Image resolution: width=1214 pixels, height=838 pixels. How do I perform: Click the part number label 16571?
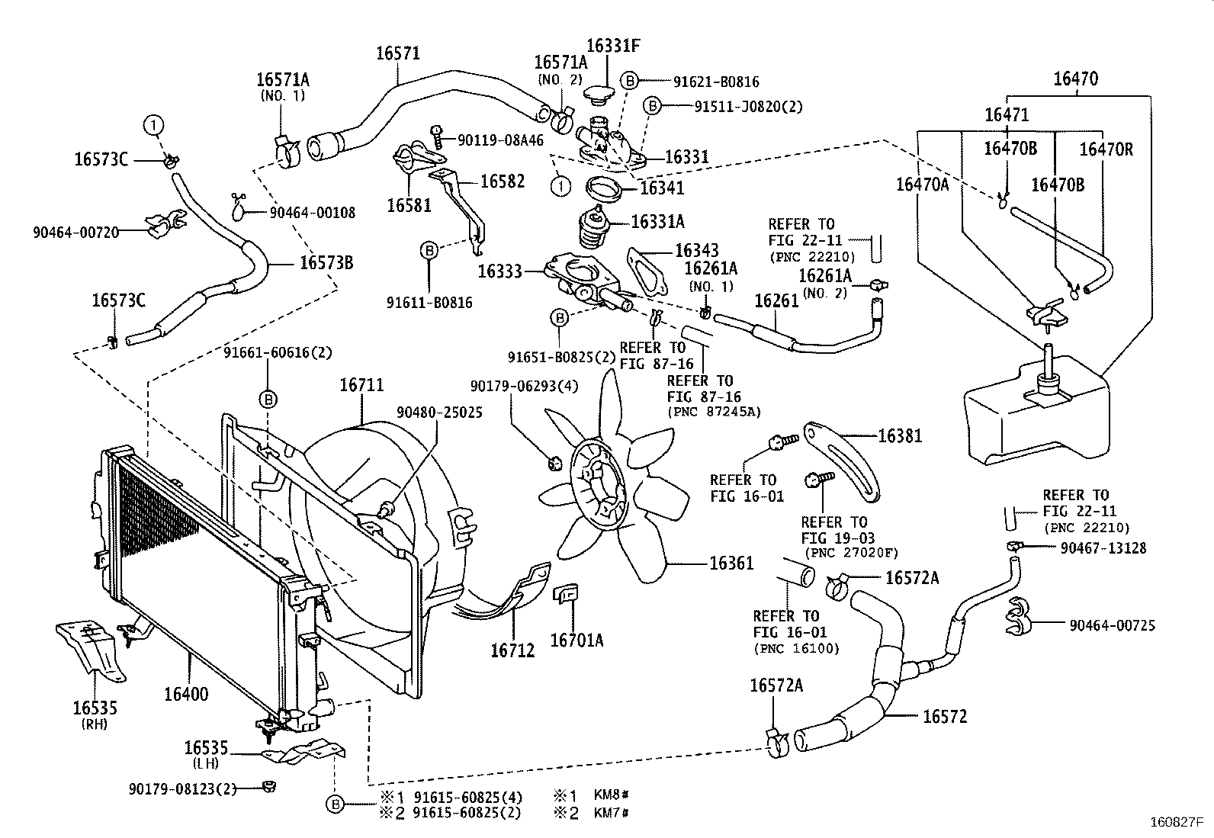pos(397,53)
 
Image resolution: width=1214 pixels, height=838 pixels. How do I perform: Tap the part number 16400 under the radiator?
pos(186,695)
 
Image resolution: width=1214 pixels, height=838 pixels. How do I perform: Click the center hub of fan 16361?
pos(599,488)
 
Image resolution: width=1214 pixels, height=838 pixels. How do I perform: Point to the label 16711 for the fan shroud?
pos(361,386)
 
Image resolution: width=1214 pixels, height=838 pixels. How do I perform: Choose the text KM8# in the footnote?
pos(611,797)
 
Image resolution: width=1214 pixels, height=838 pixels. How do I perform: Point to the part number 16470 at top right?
pos(1076,79)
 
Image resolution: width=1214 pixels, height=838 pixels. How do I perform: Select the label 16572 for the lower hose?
pos(944,717)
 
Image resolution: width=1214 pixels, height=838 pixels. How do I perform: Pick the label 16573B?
pos(326,263)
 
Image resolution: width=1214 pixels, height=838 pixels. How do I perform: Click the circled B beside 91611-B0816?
pos(429,249)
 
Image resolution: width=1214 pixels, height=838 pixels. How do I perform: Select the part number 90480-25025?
pos(438,412)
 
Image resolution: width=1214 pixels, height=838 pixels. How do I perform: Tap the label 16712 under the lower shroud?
pos(512,650)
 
